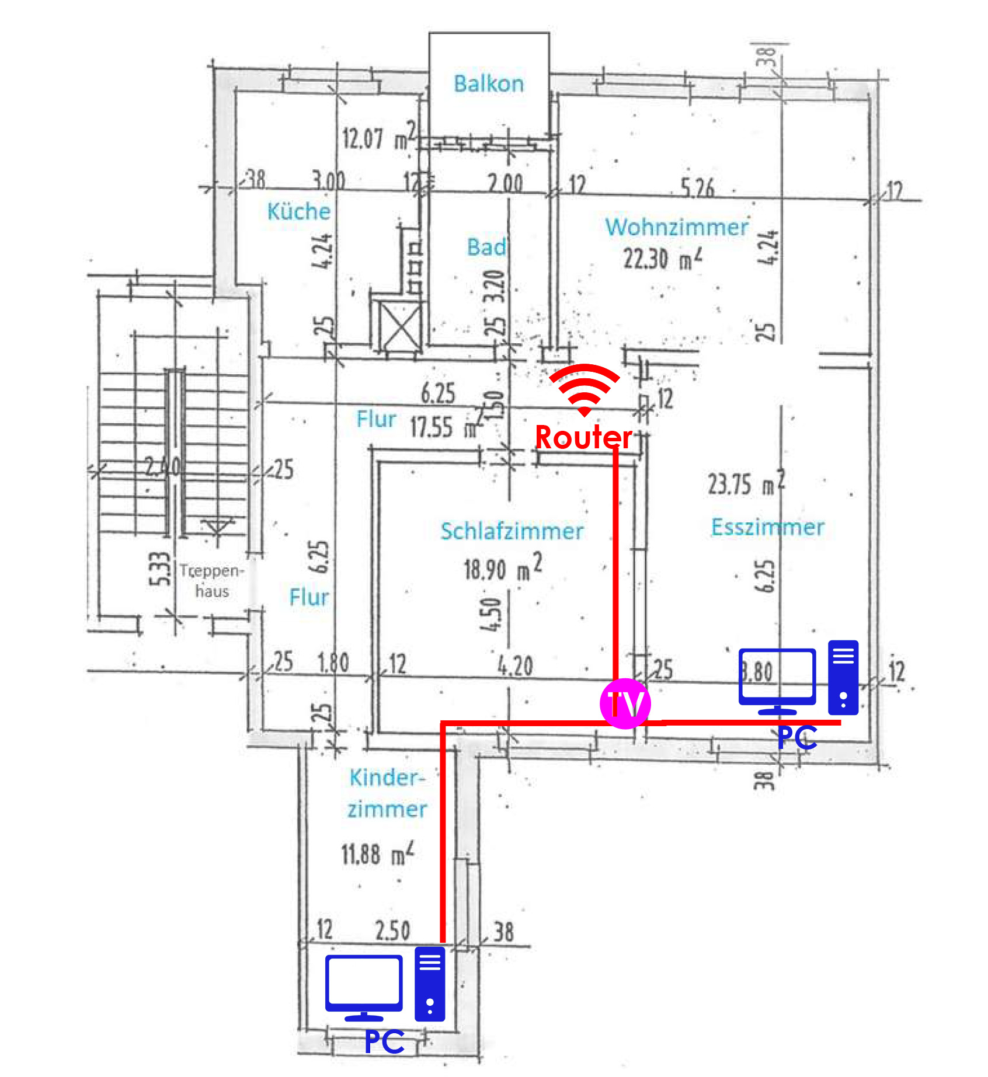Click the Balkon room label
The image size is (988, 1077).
[489, 83]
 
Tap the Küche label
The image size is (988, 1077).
[298, 211]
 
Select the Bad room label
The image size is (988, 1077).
[486, 247]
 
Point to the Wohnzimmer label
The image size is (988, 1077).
[676, 227]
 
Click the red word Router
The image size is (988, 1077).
[583, 437]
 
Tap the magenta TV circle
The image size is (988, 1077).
[625, 703]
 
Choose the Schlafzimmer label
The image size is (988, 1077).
[512, 531]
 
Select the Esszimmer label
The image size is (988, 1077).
[767, 527]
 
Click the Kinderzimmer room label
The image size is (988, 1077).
[387, 793]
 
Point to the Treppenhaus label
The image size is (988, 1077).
[211, 581]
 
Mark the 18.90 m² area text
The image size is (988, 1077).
[503, 568]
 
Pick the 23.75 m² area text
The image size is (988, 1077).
[746, 483]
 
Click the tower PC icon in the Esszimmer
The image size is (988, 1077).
[843, 678]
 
